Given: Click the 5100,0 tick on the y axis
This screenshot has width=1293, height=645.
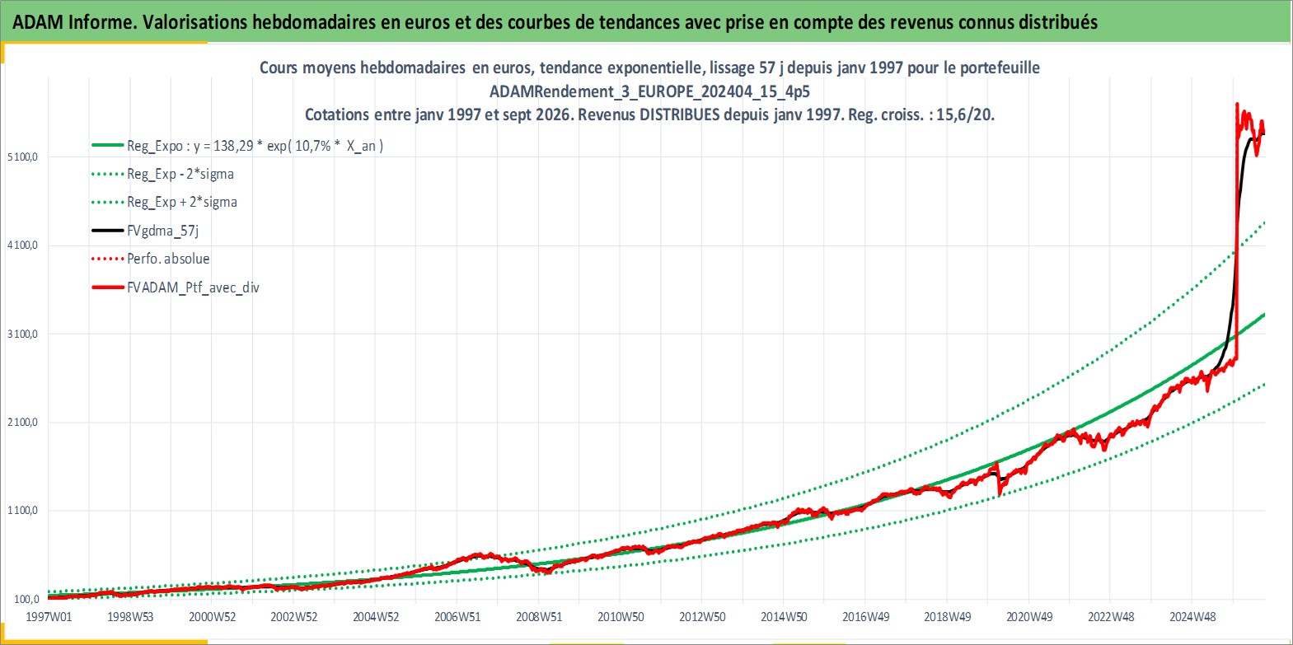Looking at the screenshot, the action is (22, 157).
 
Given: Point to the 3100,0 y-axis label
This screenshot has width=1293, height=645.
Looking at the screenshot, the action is (22, 334).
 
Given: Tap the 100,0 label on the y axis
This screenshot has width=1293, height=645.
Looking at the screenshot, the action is (26, 600).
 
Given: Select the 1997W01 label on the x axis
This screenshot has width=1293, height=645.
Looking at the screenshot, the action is (49, 617).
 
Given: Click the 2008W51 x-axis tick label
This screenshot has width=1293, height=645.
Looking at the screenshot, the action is (539, 617).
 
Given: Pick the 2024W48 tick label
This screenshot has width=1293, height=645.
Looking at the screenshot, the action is (1192, 617).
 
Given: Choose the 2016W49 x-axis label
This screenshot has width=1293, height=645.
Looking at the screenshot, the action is (866, 617).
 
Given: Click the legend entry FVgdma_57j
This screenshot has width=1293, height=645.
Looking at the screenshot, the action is (163, 231).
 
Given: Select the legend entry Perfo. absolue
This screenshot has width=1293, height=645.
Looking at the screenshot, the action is (168, 259).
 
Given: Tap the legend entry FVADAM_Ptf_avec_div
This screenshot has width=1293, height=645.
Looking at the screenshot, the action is (194, 287).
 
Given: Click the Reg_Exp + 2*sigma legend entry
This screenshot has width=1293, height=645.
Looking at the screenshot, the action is (182, 203).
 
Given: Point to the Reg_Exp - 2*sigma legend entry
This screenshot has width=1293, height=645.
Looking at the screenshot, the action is (180, 175).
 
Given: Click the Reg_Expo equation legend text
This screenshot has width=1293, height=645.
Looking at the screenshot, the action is (255, 146).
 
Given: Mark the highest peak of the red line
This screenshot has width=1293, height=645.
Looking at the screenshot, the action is (1237, 105).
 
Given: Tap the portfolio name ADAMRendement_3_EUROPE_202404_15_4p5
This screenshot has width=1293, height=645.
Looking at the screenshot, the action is (649, 91).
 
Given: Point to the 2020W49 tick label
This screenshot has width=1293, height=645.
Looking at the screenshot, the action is (1029, 617).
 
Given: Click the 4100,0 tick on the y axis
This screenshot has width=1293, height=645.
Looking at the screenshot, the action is (22, 245).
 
